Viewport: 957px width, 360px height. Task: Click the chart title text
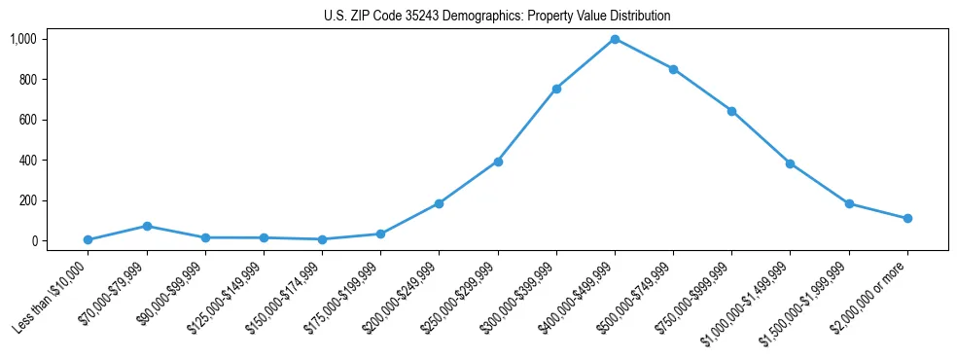coord(497,17)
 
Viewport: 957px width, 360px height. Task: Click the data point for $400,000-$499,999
coord(615,39)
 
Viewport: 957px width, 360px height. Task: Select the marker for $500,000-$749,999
coord(673,69)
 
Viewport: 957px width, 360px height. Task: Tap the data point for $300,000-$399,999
coord(556,89)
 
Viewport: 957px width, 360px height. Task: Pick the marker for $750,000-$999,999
coord(731,111)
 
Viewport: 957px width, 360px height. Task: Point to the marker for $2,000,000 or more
coord(907,218)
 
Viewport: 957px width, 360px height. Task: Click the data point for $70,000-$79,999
coord(147,226)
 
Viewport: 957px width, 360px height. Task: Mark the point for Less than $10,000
coord(88,239)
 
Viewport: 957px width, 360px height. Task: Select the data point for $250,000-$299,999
coord(498,162)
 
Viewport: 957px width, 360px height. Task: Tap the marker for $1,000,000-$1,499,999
coord(790,163)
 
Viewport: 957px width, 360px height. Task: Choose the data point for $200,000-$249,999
coord(439,203)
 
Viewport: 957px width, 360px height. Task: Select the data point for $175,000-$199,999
coord(380,234)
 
